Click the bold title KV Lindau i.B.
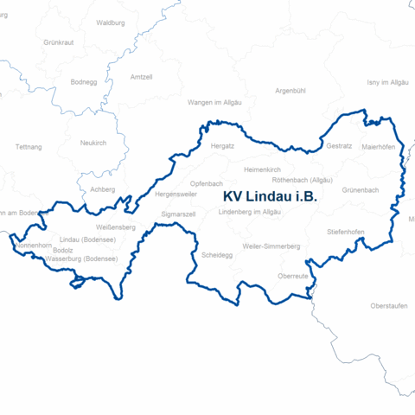click(270, 197)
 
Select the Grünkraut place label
click(59, 41)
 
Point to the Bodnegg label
click(83, 82)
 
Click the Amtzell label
click(140, 77)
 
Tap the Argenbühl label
click(290, 90)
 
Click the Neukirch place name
click(93, 143)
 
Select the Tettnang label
click(29, 147)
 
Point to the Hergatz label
click(223, 146)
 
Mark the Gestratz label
click(339, 146)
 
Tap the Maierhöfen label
click(378, 147)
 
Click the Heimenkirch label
click(263, 169)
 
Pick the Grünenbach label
click(361, 189)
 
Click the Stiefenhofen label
click(345, 233)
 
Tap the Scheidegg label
click(215, 256)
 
